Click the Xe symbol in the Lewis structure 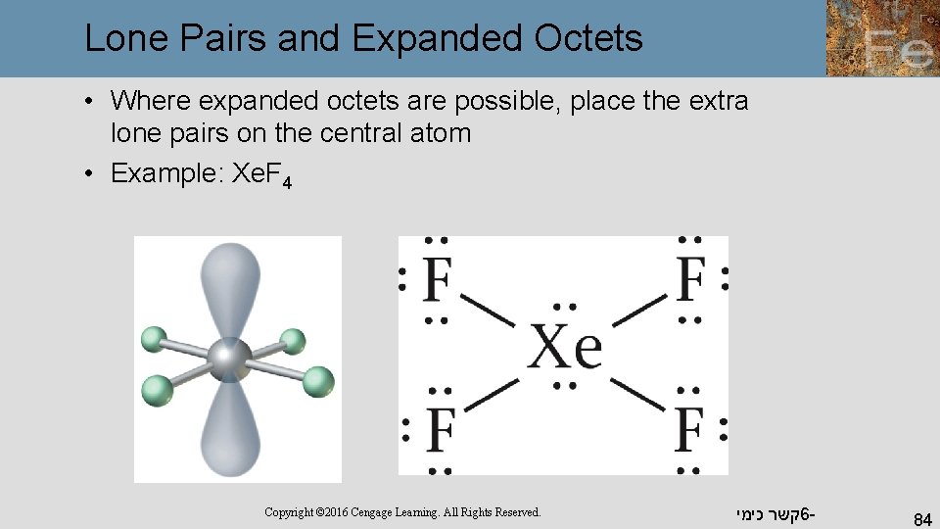564,347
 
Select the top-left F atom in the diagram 437,279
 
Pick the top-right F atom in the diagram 690,279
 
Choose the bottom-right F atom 690,428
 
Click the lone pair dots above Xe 565,308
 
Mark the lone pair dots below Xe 565,386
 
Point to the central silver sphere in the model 229,358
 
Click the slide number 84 921,516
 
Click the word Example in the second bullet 164,173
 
